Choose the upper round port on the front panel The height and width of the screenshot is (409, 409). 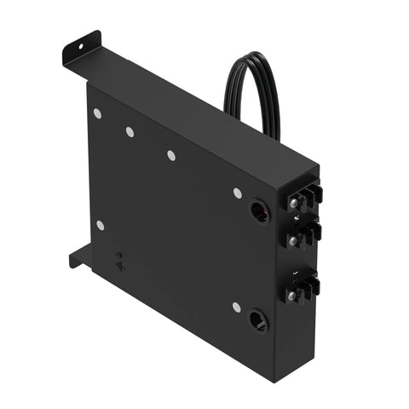click(x=259, y=210)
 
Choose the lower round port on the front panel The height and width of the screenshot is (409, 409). click(x=256, y=322)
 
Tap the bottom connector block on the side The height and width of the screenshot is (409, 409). click(x=303, y=287)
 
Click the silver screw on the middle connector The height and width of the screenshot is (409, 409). click(x=294, y=241)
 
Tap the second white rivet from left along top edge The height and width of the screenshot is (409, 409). click(x=130, y=132)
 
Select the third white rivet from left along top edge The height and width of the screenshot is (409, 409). click(x=170, y=155)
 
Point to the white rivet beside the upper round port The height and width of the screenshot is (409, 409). click(x=237, y=193)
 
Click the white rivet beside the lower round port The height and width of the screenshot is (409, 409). click(x=236, y=307)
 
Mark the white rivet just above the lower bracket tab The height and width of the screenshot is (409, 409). click(x=100, y=225)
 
